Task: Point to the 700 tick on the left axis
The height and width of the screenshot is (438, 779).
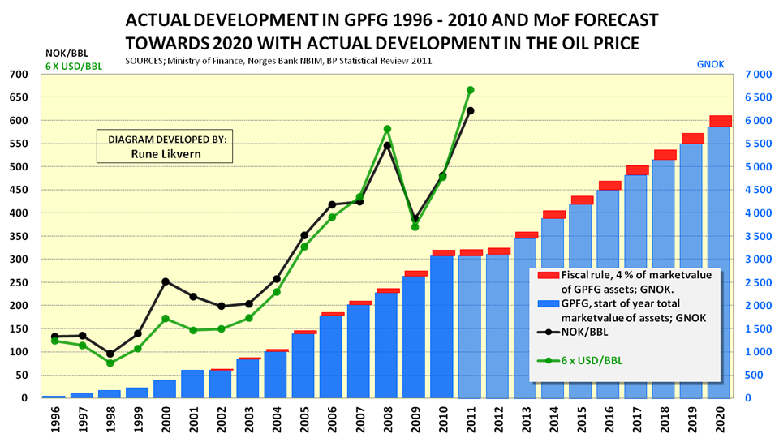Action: click(x=18, y=75)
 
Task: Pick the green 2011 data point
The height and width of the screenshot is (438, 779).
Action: click(x=471, y=90)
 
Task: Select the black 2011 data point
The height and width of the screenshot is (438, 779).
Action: click(x=471, y=110)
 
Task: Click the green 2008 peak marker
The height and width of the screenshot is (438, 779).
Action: click(x=387, y=129)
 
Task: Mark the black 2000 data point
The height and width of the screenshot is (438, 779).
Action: click(x=166, y=281)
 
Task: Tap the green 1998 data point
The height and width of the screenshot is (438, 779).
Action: click(x=110, y=363)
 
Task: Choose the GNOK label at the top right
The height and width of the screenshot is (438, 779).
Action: click(x=710, y=62)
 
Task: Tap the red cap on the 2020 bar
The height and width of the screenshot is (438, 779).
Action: click(x=720, y=121)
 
